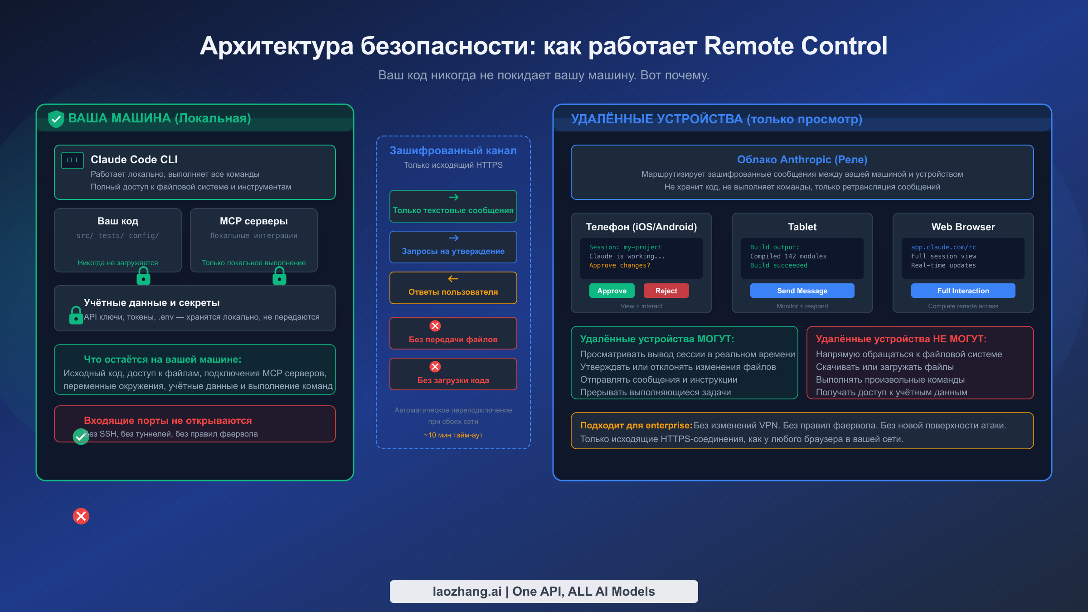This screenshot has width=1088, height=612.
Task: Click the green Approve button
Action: click(x=612, y=291)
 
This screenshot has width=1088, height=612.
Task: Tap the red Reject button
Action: click(x=666, y=291)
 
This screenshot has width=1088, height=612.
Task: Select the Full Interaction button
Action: click(x=963, y=291)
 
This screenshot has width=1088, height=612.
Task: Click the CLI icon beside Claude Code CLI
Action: click(x=73, y=160)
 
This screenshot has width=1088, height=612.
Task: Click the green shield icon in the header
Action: click(x=56, y=119)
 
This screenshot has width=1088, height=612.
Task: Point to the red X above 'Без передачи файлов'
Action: click(x=435, y=326)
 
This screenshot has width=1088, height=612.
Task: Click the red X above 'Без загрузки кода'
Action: click(x=435, y=367)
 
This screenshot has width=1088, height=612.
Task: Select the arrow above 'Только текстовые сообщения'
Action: click(x=453, y=197)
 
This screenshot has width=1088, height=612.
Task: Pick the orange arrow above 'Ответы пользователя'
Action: click(x=453, y=279)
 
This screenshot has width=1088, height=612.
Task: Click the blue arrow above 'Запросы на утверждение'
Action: click(x=453, y=238)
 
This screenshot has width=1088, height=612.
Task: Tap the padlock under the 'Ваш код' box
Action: click(x=143, y=276)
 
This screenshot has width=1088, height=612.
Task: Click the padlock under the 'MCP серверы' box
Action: click(x=279, y=276)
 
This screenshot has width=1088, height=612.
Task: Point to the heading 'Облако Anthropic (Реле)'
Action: click(x=802, y=160)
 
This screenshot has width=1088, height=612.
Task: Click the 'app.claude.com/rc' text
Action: click(x=943, y=247)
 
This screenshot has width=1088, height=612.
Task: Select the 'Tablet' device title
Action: click(x=802, y=227)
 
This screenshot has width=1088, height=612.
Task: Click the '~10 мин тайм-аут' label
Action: click(x=453, y=435)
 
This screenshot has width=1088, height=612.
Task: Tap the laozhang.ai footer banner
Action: click(x=544, y=591)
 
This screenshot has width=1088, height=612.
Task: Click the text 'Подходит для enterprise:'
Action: click(x=636, y=425)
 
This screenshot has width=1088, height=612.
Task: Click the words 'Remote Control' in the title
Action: click(x=796, y=46)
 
